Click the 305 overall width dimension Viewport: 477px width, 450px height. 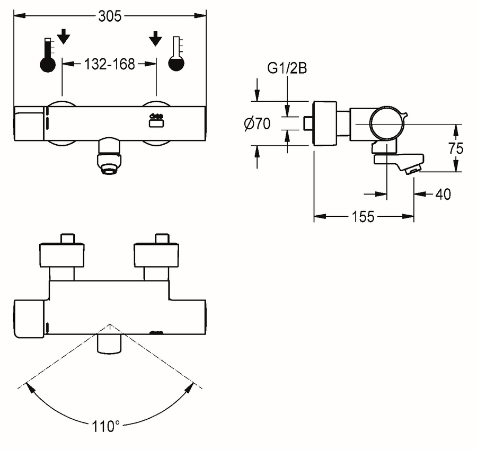pyautogui.click(x=110, y=16)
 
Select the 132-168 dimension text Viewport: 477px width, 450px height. pyautogui.click(x=109, y=64)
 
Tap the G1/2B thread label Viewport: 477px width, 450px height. pyautogui.click(x=287, y=68)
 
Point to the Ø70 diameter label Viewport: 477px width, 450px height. pyautogui.click(x=258, y=124)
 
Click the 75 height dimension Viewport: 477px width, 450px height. pyautogui.click(x=456, y=148)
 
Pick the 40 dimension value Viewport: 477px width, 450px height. pyautogui.click(x=443, y=194)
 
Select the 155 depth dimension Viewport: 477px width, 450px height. pyautogui.click(x=363, y=217)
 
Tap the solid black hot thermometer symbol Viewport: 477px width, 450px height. pyautogui.click(x=48, y=55)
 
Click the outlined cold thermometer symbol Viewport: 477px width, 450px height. pyautogui.click(x=176, y=54)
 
